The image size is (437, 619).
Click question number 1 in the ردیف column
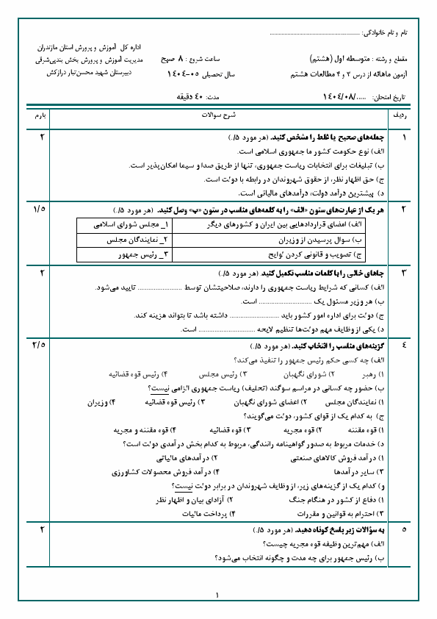click(403, 137)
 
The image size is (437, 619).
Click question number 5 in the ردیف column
click(403, 529)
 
